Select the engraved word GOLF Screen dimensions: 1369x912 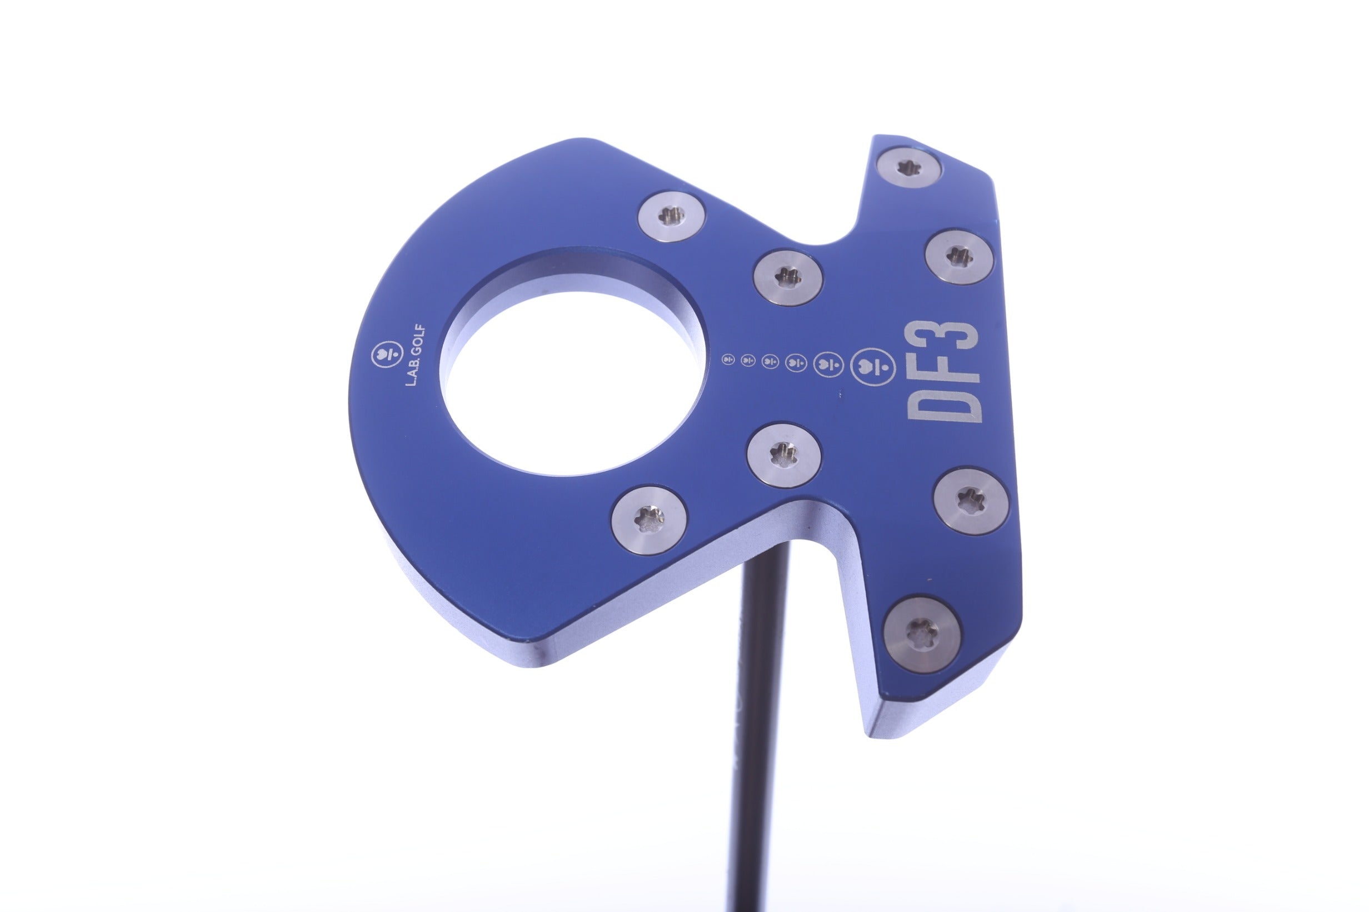[x=421, y=344]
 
